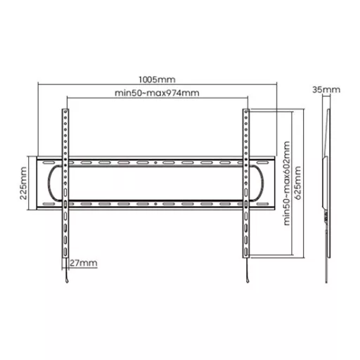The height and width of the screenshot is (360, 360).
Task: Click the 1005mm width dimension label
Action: click(157, 79)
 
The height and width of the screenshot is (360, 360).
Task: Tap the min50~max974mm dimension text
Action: click(157, 93)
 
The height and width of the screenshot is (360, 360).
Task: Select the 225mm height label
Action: click(23, 183)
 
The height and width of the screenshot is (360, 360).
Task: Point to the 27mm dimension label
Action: click(84, 263)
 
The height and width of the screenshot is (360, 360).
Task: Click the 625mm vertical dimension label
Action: click(297, 183)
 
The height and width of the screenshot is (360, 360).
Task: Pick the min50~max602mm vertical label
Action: click(287, 184)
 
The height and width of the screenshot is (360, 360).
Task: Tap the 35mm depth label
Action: click(326, 89)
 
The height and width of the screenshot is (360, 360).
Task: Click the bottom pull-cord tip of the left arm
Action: click(67, 281)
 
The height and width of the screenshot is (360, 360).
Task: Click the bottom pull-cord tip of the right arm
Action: click(247, 281)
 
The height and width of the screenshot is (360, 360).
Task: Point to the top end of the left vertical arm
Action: click(65, 109)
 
